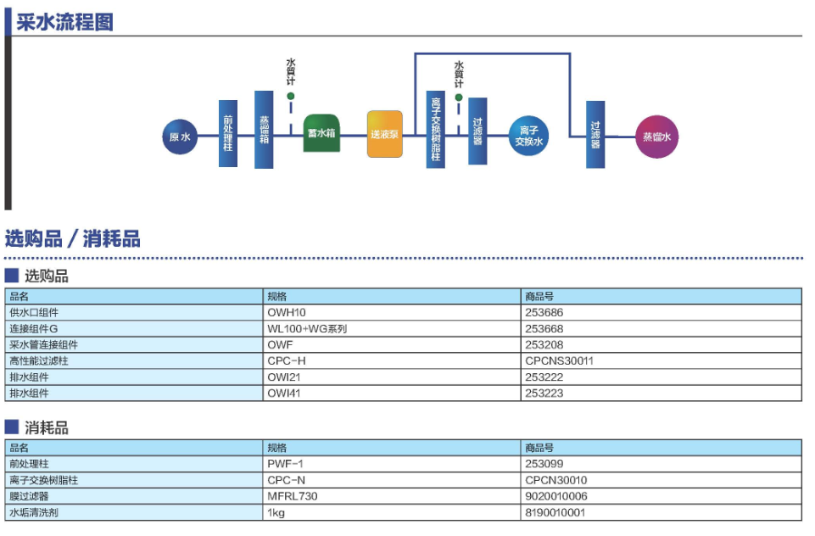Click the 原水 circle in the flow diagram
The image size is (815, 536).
click(x=180, y=137)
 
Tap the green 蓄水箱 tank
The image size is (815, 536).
click(x=321, y=133)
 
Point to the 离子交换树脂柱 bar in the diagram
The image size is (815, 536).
click(x=436, y=129)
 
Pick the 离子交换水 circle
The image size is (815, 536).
click(x=530, y=136)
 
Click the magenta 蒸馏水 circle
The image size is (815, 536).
click(x=657, y=137)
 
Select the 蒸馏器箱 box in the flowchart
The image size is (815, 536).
click(x=264, y=129)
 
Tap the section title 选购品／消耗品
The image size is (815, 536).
click(x=73, y=239)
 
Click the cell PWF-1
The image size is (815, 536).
click(x=285, y=464)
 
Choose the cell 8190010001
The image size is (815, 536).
click(x=555, y=512)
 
